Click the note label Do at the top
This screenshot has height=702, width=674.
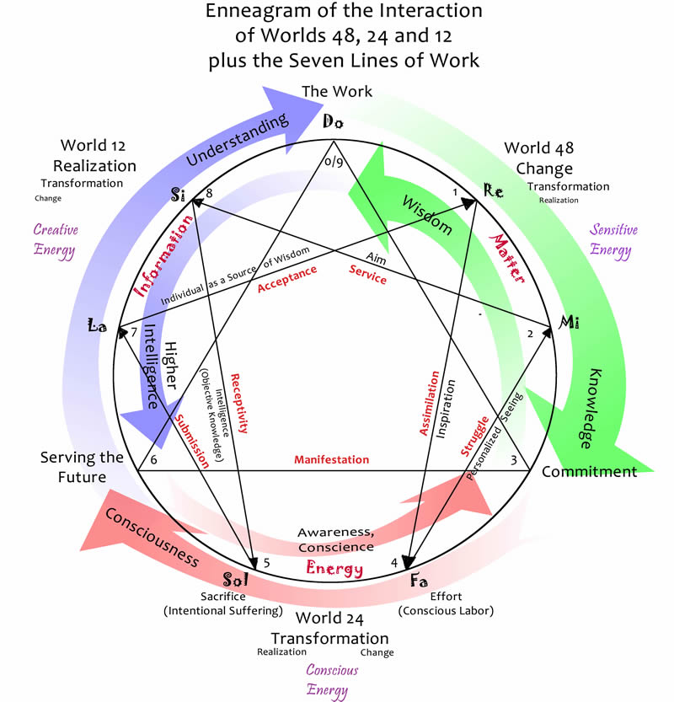tap(334, 123)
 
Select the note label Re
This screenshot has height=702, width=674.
tap(494, 192)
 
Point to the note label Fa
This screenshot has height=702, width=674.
tap(418, 581)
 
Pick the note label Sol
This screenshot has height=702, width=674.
tap(237, 581)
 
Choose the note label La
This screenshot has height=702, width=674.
tap(98, 324)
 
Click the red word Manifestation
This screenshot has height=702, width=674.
tap(331, 460)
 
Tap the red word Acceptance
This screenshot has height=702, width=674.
tap(287, 278)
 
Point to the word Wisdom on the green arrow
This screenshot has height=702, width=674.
tap(426, 216)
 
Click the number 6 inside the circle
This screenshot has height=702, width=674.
tap(153, 459)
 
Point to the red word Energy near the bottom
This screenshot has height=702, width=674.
tap(334, 569)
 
